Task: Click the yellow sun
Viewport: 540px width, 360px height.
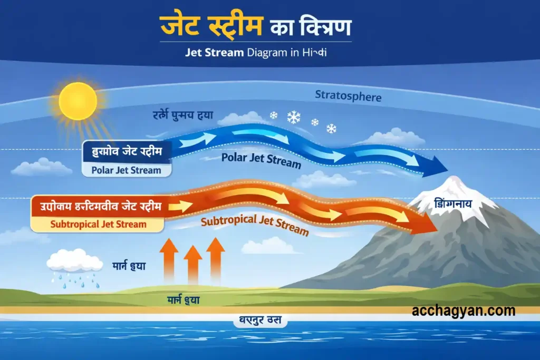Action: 78,101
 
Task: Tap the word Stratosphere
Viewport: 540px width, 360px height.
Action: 348,96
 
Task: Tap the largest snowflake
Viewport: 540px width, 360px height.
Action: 294,117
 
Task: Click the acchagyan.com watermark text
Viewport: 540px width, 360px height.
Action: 464,311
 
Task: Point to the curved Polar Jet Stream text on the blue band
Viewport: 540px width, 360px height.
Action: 261,160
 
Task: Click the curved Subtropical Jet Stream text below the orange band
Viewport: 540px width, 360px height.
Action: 254,225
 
